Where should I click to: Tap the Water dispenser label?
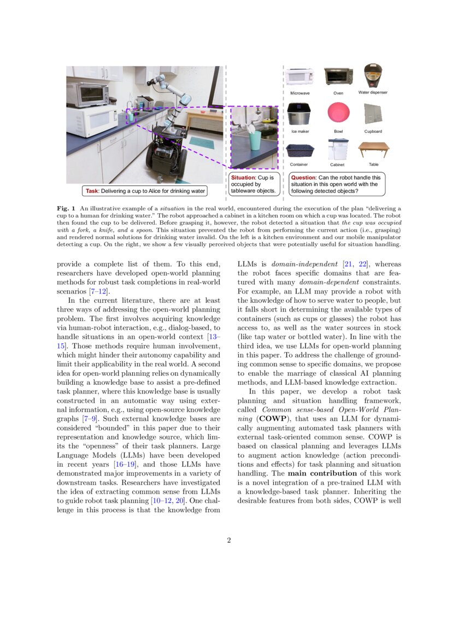point(373,92)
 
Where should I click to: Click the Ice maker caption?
point(300,131)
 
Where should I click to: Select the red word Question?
point(304,178)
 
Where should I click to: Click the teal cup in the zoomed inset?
point(255,139)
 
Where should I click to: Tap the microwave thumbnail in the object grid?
point(300,77)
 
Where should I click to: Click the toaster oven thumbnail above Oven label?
point(338,76)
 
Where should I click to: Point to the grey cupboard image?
point(373,113)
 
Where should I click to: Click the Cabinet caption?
point(337,165)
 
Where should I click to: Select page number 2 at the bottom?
point(229,541)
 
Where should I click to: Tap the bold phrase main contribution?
point(318,473)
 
